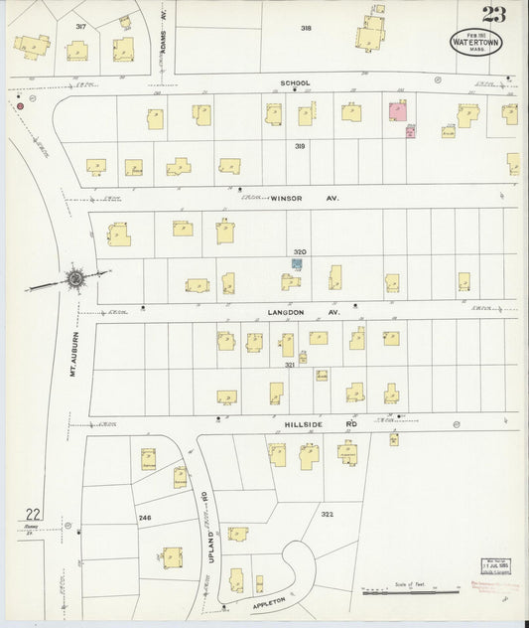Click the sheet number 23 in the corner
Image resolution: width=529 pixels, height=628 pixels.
tap(492, 15)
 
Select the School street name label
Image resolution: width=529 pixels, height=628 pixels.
tap(295, 82)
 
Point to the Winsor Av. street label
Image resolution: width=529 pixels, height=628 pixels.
tap(304, 199)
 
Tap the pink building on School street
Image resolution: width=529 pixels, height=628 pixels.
tap(398, 111)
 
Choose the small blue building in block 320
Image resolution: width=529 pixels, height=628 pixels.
tap(296, 264)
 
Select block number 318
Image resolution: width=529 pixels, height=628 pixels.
tap(307, 29)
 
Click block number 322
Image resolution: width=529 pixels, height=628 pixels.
tap(327, 514)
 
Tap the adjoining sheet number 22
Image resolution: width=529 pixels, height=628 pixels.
tap(32, 514)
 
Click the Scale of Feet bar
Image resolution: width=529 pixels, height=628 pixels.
tap(408, 593)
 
